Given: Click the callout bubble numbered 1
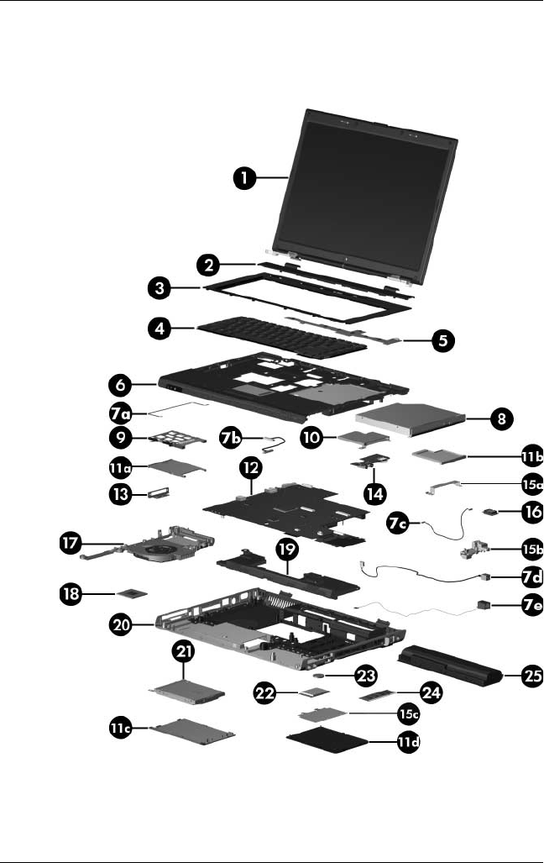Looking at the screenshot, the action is [244, 178].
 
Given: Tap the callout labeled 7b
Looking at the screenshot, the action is [232, 438].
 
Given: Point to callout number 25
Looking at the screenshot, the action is [531, 678].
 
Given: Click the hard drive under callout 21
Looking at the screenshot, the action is [186, 691].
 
